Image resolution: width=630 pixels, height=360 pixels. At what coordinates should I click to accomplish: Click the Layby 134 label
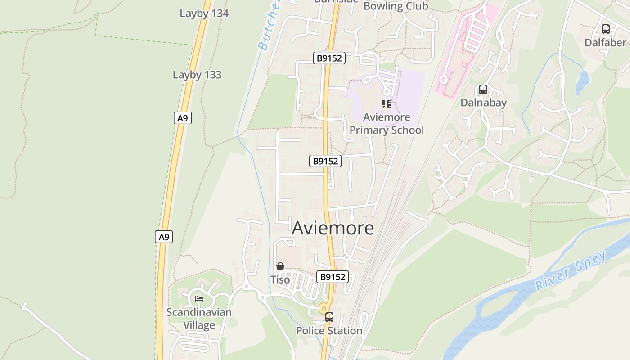204,13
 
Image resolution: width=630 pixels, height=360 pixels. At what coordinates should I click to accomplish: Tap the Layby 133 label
197,75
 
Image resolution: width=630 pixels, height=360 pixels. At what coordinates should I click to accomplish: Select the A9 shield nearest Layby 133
182,118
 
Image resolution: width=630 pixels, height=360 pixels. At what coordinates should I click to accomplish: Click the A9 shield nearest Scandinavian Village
164,237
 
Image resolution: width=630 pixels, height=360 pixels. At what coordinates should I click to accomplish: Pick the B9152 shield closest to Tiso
333,277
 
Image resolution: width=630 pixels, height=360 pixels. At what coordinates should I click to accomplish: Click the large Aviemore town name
333,228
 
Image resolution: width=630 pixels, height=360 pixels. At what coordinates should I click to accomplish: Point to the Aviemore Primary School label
387,124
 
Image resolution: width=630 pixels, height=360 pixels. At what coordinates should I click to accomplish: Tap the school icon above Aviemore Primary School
386,104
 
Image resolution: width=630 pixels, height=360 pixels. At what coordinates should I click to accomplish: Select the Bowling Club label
396,6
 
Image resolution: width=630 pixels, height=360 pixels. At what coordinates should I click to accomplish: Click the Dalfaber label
605,43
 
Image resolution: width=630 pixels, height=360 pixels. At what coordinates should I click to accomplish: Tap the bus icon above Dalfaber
606,30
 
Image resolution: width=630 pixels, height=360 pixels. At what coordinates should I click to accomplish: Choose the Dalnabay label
483,103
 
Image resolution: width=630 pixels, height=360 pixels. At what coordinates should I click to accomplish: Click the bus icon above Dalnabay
483,90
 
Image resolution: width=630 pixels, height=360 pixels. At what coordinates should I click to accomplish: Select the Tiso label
280,279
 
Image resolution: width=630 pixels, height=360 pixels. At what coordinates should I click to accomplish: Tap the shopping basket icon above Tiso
280,266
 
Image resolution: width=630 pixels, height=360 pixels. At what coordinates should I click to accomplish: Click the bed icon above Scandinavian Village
199,299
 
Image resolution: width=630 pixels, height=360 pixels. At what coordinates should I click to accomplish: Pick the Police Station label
329,331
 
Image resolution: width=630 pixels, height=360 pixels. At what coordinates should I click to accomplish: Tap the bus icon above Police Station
329,317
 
